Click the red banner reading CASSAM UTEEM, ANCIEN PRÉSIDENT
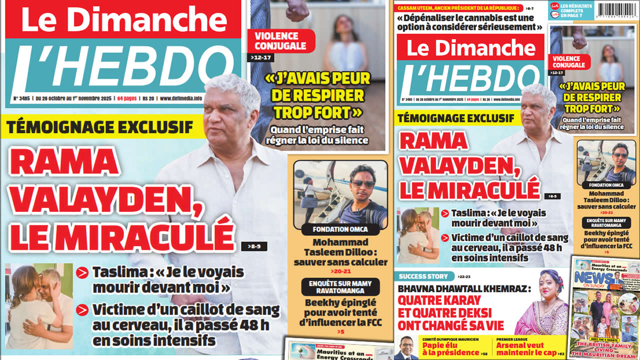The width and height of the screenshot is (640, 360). [459, 8]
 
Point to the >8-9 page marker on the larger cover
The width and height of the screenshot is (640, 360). [254, 246]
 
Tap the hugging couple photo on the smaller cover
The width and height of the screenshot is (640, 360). [417, 235]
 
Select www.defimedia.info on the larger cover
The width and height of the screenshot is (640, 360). [181, 98]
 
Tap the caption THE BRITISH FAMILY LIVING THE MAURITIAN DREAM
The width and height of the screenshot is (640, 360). [605, 348]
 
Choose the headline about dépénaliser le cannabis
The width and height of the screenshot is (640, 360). [470, 22]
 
